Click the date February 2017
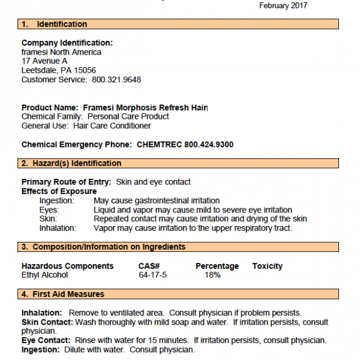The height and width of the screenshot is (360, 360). tap(283, 5)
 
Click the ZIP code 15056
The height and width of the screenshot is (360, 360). tap(84, 70)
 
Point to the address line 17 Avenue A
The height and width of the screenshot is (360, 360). tap(44, 61)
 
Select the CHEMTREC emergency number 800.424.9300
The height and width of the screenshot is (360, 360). tap(201, 145)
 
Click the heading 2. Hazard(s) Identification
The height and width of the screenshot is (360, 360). tap(71, 163)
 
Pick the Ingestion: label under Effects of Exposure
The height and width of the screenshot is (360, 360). tap(56, 200)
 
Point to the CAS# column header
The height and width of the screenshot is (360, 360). tap(148, 266)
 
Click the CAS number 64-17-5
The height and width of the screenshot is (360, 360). tap(152, 275)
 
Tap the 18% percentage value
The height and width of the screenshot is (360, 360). tap(212, 275)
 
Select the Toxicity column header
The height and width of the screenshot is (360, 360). tap(268, 266)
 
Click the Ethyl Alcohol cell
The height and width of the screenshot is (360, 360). tap(44, 275)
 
